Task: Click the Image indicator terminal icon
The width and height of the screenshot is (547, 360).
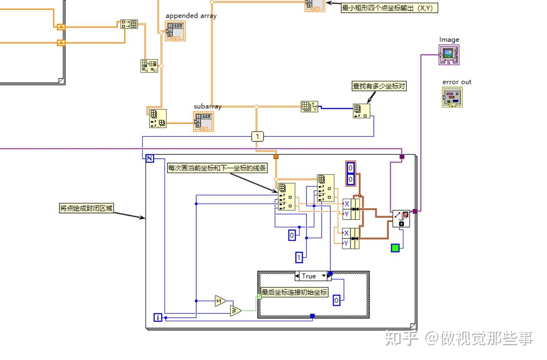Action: click(x=449, y=55)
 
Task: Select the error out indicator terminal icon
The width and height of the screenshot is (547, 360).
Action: click(x=452, y=97)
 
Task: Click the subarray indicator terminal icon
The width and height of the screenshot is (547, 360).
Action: click(x=203, y=121)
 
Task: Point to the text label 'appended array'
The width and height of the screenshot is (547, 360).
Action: click(x=191, y=16)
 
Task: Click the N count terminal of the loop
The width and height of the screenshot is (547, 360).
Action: click(x=149, y=159)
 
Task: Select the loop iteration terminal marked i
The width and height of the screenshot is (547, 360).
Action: click(x=158, y=317)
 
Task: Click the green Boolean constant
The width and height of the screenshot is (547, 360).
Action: click(x=395, y=248)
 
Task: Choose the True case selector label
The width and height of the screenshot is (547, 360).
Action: click(x=311, y=276)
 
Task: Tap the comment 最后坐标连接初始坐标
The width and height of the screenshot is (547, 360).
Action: click(x=294, y=292)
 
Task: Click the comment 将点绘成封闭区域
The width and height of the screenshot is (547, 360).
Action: click(x=86, y=208)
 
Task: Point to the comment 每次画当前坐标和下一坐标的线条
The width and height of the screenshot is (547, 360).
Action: click(x=217, y=168)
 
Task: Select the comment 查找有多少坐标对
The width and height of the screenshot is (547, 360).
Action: click(x=379, y=86)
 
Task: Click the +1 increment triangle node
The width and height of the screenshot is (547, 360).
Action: click(x=220, y=301)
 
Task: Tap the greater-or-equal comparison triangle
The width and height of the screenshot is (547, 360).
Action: click(x=235, y=310)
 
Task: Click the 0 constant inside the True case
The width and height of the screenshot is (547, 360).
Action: click(x=336, y=300)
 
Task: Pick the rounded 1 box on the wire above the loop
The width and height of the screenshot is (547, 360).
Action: click(x=257, y=137)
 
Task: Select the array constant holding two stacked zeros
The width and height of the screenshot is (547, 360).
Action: click(x=351, y=173)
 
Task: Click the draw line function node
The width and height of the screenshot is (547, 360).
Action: click(x=401, y=218)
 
